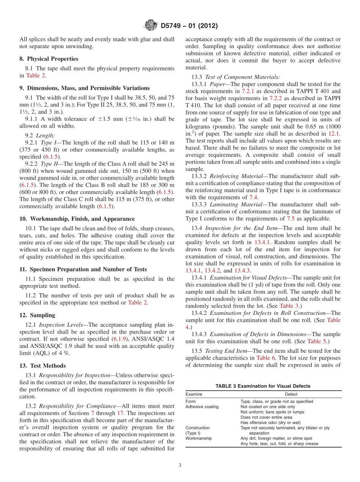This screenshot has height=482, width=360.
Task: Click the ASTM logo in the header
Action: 151,26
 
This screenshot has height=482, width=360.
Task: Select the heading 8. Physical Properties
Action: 49,59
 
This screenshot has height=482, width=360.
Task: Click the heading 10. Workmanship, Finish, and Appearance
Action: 77,219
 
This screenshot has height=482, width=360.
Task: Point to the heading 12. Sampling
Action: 37,315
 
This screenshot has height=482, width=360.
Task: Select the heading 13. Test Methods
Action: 42,366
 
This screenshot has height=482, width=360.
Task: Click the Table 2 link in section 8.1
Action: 36,75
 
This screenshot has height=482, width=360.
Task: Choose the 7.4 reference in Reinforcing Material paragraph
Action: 253,197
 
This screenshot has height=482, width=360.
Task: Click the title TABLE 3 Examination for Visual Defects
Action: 263,386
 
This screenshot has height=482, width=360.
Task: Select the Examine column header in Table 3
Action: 194,394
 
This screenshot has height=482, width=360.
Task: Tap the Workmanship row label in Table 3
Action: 199,438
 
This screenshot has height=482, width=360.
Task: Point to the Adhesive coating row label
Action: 202,407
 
